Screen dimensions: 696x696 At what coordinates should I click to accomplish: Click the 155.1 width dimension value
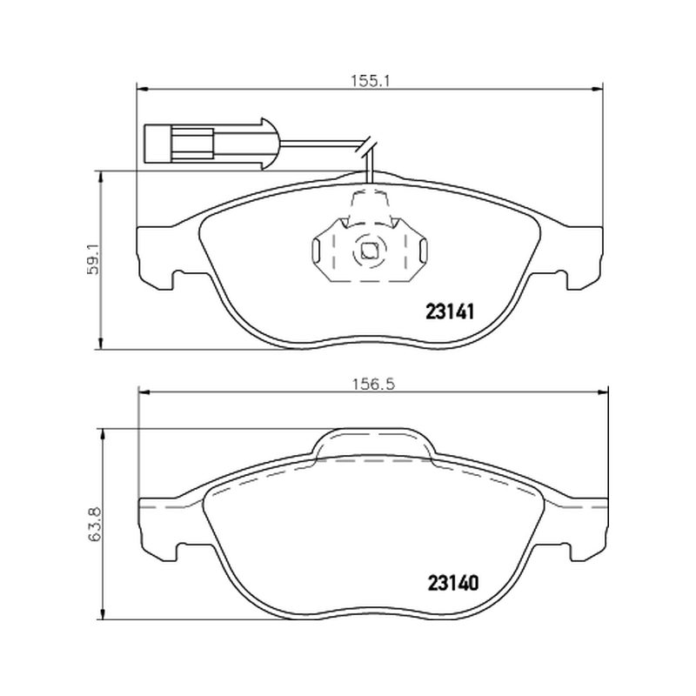point(370,81)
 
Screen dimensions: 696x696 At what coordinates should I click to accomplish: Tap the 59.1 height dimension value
point(94,260)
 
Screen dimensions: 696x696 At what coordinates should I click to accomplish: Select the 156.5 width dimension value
point(374,384)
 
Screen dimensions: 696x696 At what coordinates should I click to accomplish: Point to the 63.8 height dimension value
point(95,525)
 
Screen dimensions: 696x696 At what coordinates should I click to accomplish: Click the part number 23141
point(450,312)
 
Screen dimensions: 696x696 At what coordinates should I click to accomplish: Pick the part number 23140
point(453,583)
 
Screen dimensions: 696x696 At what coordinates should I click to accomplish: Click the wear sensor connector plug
point(211,144)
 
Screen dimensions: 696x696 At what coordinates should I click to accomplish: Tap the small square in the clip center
point(369,251)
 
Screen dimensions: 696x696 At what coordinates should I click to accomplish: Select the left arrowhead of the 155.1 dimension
point(141,90)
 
